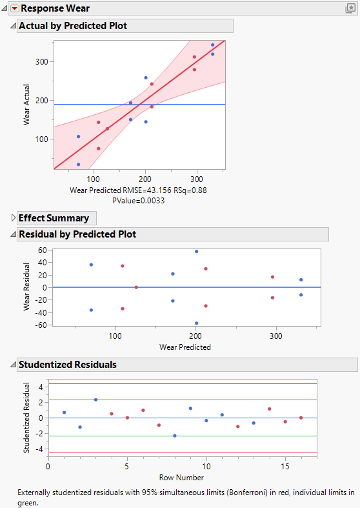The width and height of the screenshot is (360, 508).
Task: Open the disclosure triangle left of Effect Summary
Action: pos(14,218)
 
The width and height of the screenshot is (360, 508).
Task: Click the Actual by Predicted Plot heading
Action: pos(72,26)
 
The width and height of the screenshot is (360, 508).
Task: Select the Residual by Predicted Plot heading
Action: pos(77,234)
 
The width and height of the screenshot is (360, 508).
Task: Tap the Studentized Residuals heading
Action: pos(67,365)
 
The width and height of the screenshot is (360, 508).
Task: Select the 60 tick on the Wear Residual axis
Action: pos(42,250)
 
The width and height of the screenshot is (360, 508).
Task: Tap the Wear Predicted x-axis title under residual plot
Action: pos(185,347)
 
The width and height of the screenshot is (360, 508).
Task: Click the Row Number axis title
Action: pos(183,478)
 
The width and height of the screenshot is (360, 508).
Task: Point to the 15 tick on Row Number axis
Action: pos(285,465)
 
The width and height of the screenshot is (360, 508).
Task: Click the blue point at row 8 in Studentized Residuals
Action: pos(174,436)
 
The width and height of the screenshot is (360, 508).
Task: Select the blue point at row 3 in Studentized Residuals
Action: pos(95,400)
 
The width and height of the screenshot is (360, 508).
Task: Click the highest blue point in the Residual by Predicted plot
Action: pos(196,251)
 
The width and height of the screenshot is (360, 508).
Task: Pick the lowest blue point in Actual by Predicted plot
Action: pos(78,165)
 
